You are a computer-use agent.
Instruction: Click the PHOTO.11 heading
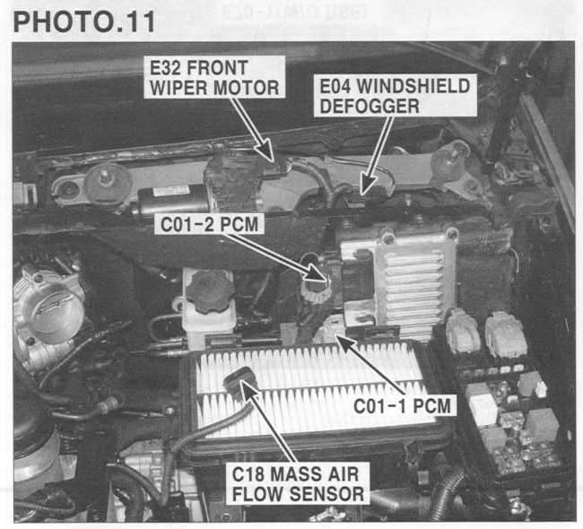84,22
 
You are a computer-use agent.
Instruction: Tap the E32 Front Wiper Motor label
214,77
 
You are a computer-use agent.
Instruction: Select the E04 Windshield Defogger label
396,96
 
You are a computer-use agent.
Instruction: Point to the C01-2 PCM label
209,224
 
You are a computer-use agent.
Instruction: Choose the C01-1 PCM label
402,405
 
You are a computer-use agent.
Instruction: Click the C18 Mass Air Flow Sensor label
298,483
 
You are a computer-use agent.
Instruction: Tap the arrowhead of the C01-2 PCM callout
317,274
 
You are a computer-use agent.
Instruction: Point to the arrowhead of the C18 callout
248,389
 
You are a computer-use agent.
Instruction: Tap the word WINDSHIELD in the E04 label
413,86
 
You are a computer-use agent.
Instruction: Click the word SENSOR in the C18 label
326,494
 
